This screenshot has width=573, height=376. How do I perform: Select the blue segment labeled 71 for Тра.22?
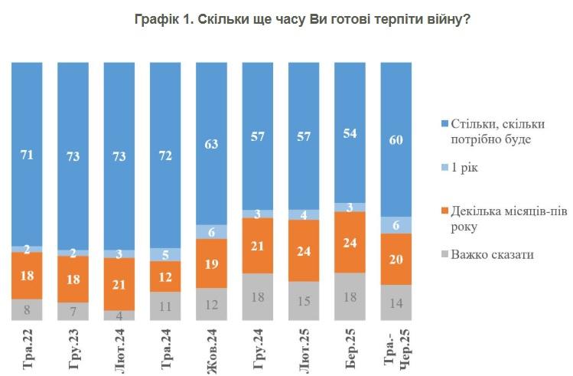point(27,153)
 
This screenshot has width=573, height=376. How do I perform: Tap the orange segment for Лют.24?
point(119,284)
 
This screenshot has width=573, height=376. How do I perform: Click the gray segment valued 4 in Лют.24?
point(119,315)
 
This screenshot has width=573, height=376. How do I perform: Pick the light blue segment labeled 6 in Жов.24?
point(212,231)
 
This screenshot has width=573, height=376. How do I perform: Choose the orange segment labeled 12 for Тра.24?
point(165,276)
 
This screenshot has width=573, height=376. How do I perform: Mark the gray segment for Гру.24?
point(258,297)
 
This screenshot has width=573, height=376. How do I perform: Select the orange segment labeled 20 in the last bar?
point(396,259)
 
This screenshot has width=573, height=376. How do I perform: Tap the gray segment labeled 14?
point(396,302)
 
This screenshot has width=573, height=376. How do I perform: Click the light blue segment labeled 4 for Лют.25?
point(304,214)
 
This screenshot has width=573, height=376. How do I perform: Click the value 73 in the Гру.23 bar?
point(73,155)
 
